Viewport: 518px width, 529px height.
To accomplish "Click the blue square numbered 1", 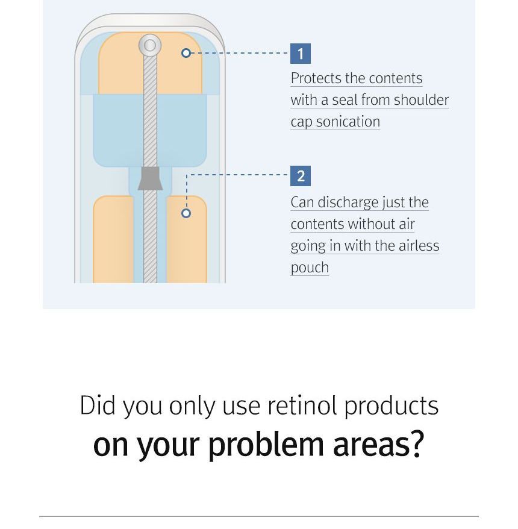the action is [x=300, y=53].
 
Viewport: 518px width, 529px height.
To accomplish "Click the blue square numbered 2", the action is [x=300, y=176].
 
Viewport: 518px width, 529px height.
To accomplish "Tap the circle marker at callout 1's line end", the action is [x=186, y=53].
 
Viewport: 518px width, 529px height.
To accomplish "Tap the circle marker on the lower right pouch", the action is [x=186, y=213].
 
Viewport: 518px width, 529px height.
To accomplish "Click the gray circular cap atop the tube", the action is [x=150, y=45].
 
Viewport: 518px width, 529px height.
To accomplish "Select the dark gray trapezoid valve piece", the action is [x=150, y=178].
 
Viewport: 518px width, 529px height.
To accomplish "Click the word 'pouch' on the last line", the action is [x=310, y=268].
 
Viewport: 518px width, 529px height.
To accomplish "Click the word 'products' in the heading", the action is [x=391, y=406].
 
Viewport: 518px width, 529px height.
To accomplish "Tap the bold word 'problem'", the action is [x=266, y=445].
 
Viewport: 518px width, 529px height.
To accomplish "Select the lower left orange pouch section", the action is [x=113, y=239].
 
